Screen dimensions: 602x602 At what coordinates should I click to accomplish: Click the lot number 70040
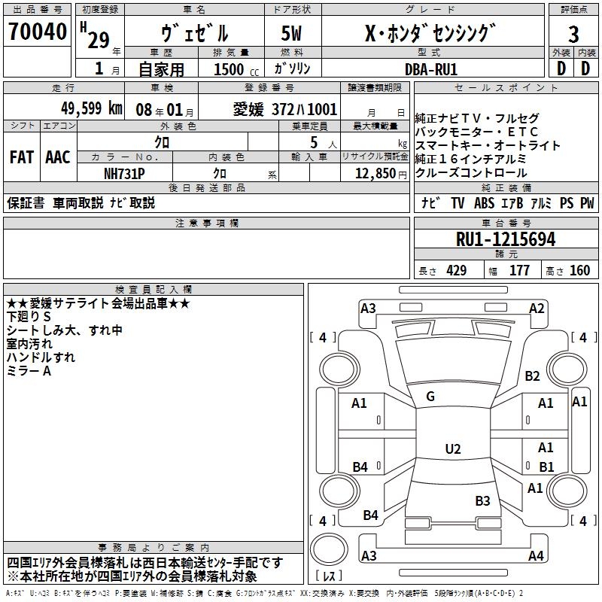pyautogui.click(x=37, y=33)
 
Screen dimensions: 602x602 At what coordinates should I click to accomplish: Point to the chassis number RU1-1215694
pyautogui.click(x=506, y=239)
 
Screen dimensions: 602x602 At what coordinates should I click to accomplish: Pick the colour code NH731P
pyautogui.click(x=125, y=173)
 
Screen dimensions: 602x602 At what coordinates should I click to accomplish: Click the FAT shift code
pyautogui.click(x=21, y=157)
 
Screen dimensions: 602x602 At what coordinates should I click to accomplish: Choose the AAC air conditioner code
pyautogui.click(x=58, y=157)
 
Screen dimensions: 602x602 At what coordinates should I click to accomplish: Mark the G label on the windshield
pyautogui.click(x=430, y=397)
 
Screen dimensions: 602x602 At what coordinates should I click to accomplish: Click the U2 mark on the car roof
pyautogui.click(x=452, y=449)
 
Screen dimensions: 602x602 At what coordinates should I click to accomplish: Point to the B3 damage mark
pyautogui.click(x=482, y=500)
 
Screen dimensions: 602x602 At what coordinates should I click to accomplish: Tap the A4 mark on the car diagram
pyautogui.click(x=536, y=556)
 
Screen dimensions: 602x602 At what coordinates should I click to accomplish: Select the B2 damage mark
pyautogui.click(x=533, y=375)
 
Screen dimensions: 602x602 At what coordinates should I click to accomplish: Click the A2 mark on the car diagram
pyautogui.click(x=537, y=308)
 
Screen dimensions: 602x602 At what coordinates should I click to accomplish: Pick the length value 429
pyautogui.click(x=456, y=271)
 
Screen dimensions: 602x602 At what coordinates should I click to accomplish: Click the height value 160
pyautogui.click(x=579, y=271)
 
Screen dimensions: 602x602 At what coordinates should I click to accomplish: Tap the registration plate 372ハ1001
pyautogui.click(x=308, y=109)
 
